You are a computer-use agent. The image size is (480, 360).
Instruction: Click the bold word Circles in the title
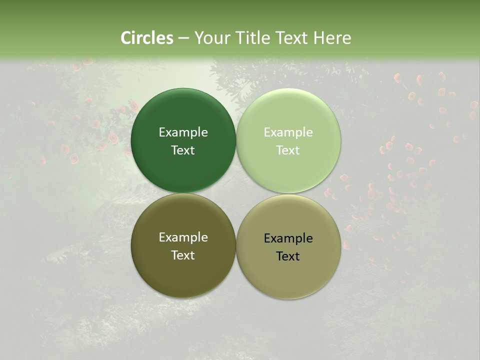pos(147,38)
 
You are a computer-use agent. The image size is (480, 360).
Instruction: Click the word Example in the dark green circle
pos(183,132)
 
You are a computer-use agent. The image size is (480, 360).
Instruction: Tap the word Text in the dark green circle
pos(183,150)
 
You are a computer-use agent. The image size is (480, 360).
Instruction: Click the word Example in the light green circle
pos(288,132)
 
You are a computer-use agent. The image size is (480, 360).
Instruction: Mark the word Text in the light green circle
pos(288,150)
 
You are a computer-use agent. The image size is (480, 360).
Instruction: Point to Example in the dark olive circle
pos(183,237)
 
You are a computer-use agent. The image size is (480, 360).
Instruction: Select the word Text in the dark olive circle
pos(183,255)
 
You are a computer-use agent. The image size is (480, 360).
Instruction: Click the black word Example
pos(288,238)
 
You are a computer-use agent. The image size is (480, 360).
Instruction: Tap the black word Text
pos(288,256)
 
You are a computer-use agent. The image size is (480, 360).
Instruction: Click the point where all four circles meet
pos(236,193)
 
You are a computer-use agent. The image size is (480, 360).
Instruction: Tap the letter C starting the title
pos(126,38)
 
